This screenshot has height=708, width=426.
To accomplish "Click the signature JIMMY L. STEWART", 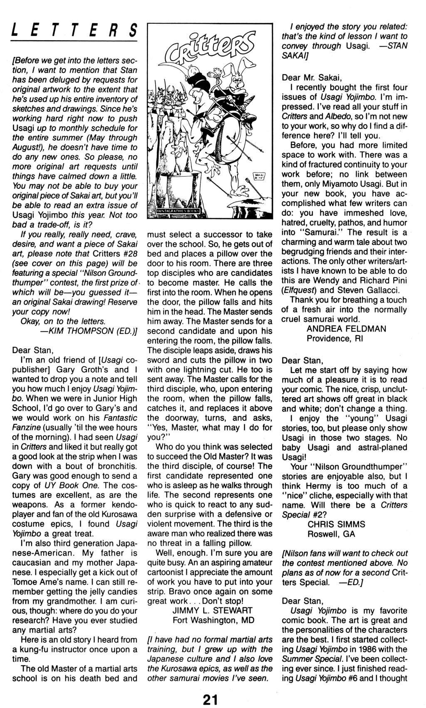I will coord(212,610).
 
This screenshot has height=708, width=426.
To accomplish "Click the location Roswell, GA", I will coord(331,534).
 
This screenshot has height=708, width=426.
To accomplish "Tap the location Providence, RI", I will coord(335,338).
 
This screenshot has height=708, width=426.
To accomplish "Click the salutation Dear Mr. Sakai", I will coord(312,77).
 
